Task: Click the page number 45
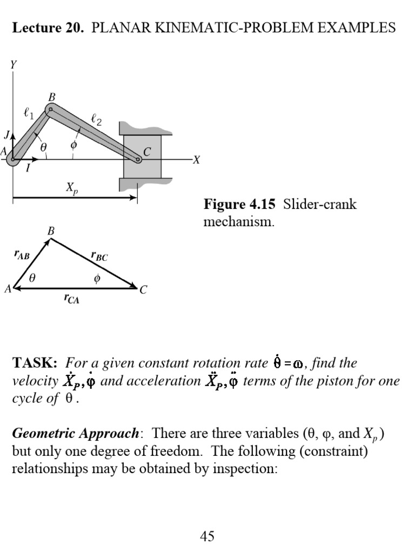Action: pos(207,536)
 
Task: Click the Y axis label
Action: pos(14,65)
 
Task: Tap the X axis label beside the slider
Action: pos(197,160)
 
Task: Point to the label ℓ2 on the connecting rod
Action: pos(96,122)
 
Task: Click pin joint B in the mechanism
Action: pos(50,110)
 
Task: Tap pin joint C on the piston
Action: pos(138,159)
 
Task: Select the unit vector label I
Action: pos(28,168)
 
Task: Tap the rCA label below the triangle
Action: pos(71,299)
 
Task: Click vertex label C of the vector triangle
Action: pos(143,290)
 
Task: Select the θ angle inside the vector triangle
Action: pos(32,279)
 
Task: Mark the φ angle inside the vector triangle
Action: pos(97,279)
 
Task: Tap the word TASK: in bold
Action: pos(35,363)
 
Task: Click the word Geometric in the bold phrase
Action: pos(44,434)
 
